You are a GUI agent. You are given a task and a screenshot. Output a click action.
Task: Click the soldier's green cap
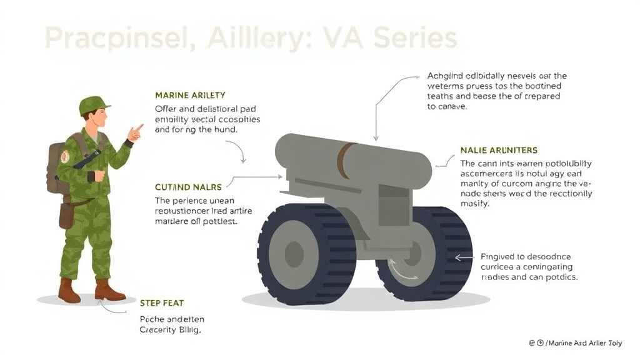[x=94, y=105]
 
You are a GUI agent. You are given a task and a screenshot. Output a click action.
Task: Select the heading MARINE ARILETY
[x=190, y=95]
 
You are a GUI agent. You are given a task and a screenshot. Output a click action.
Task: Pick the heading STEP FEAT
[x=161, y=303]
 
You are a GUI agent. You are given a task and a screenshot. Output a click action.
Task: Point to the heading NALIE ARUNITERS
[x=499, y=151]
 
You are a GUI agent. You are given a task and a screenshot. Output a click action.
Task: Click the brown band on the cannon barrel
[x=343, y=161]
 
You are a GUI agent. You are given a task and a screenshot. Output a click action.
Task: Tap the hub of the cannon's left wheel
[x=294, y=254]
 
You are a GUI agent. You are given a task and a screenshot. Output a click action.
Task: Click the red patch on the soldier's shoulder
[x=65, y=156]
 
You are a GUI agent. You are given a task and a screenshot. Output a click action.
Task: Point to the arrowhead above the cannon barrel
[x=376, y=137]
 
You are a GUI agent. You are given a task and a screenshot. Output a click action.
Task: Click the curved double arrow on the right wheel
[x=402, y=271]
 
